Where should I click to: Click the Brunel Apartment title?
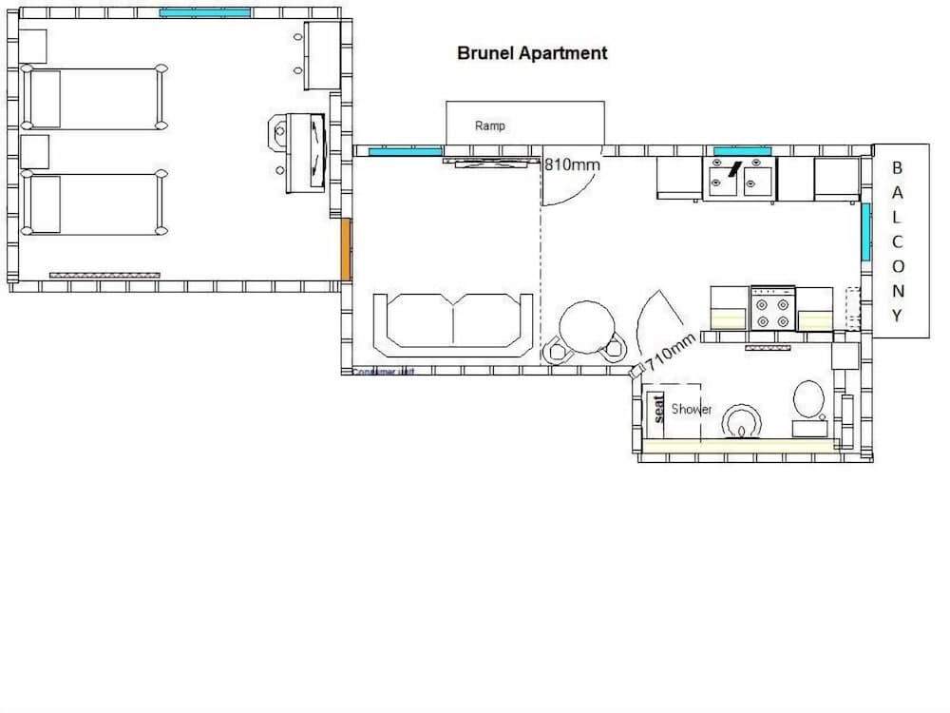(532, 53)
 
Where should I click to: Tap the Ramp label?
(490, 125)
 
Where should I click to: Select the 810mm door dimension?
(572, 164)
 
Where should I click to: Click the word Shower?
(692, 409)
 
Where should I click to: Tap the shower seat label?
(657, 409)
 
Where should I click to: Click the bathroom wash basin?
(740, 420)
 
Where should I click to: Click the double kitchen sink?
(739, 178)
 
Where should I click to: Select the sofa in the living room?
(453, 322)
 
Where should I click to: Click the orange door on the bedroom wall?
(347, 250)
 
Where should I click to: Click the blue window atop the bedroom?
(204, 12)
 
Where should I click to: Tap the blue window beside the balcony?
(865, 232)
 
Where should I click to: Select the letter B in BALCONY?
(896, 168)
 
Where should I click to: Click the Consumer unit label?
(384, 372)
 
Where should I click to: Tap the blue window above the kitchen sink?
(742, 151)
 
